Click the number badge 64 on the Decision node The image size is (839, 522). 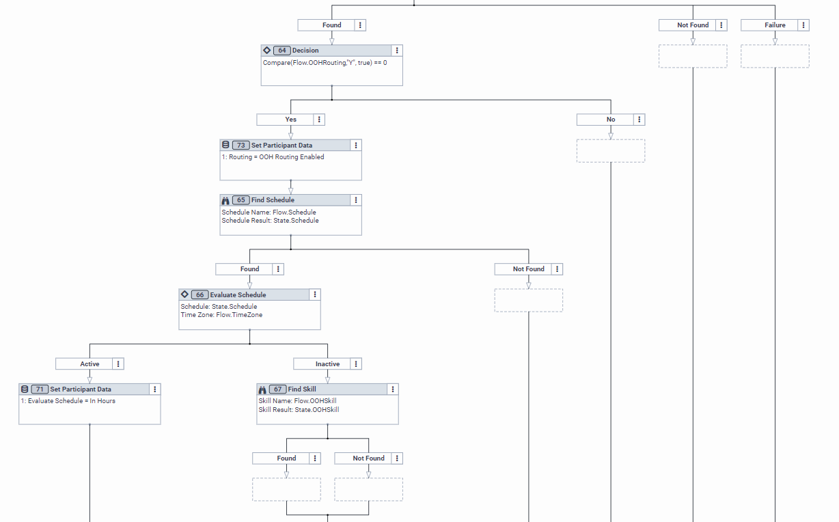[281, 51]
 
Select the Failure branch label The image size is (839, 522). [775, 25]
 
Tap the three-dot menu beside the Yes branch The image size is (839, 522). [320, 120]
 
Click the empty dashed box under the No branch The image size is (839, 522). [611, 151]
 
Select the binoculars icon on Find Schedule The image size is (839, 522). [225, 200]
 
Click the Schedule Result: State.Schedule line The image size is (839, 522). [270, 221]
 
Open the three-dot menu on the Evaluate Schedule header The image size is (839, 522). [315, 295]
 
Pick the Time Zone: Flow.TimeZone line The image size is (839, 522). [221, 315]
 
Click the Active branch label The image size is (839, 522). [90, 364]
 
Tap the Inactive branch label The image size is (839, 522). [327, 364]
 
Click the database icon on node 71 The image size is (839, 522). [25, 389]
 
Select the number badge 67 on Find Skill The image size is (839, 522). [277, 389]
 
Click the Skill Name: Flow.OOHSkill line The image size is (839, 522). [297, 401]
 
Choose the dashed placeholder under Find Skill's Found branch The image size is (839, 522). [286, 489]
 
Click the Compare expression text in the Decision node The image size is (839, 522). [325, 63]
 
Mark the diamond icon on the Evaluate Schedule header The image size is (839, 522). [184, 294]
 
